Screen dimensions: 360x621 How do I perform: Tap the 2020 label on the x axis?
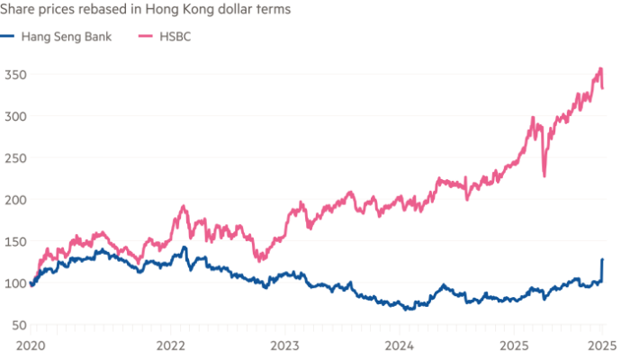tap(31, 344)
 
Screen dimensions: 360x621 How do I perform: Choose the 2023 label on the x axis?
tap(284, 344)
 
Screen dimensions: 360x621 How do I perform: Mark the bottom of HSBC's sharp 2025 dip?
tap(544, 176)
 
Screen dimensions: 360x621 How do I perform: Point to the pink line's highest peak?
tap(600, 67)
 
